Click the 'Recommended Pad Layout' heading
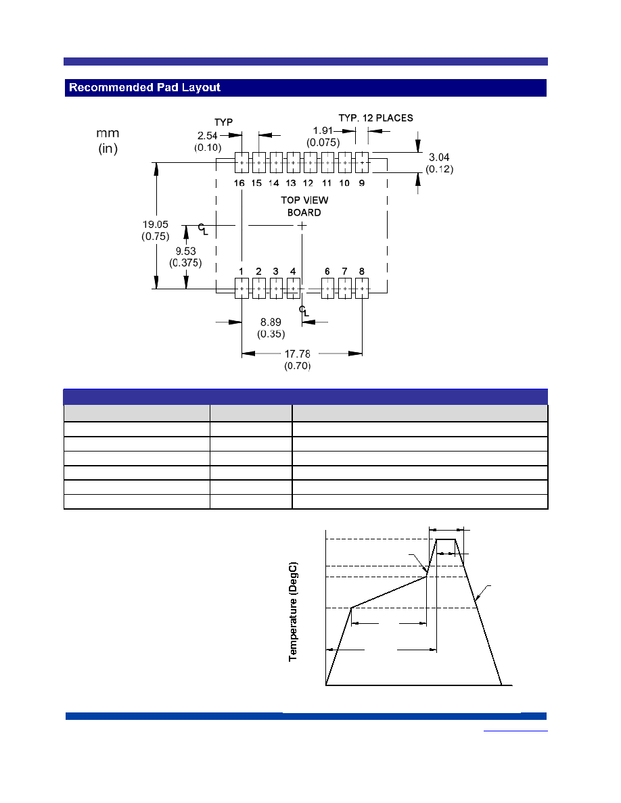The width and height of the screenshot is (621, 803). click(145, 88)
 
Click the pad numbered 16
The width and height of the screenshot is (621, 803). click(242, 162)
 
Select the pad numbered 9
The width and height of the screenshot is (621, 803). click(362, 162)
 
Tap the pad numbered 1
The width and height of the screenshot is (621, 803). click(242, 289)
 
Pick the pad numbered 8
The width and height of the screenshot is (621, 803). click(362, 289)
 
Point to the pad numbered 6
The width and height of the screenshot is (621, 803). click(327, 289)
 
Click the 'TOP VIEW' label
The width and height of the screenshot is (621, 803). click(304, 200)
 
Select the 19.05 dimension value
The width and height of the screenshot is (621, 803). click(156, 224)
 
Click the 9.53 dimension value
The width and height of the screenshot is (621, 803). click(185, 251)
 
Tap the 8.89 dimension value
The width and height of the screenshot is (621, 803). click(271, 322)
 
